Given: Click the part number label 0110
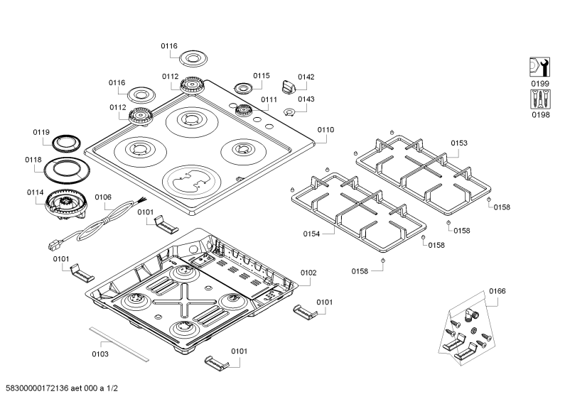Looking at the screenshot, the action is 325,130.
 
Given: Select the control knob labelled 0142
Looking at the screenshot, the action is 289,87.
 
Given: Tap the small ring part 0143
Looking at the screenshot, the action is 289,113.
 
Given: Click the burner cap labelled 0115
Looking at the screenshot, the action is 244,88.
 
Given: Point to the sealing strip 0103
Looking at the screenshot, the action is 119,344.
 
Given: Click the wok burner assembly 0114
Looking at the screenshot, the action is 65,204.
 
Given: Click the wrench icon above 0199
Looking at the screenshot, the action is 540,67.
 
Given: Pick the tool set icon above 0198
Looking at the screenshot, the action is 540,99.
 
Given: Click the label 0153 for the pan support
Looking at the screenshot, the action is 458,143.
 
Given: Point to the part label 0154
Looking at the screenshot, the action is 311,234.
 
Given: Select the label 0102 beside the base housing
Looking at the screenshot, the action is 308,273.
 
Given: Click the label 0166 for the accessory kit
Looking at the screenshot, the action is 497,291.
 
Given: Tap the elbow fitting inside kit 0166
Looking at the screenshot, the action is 470,315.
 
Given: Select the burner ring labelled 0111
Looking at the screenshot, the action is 243,110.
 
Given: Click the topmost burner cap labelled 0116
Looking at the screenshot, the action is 193,58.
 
